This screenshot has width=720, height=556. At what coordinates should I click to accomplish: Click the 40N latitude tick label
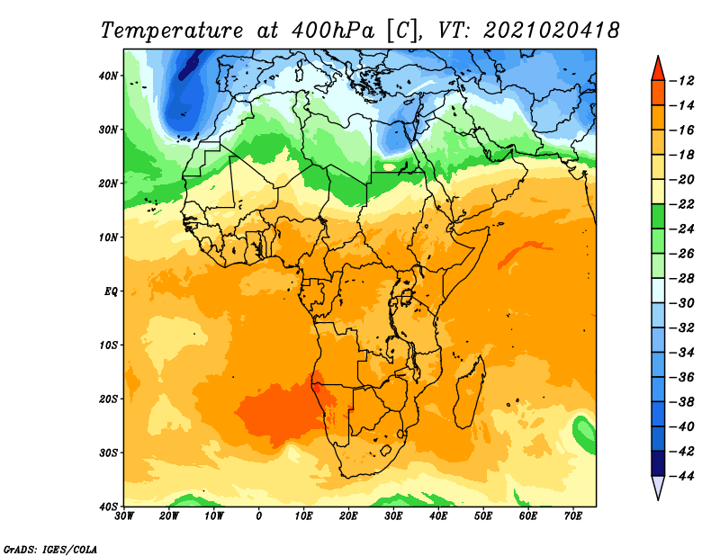coord(108,76)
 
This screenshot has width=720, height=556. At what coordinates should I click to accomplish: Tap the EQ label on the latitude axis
coord(112,291)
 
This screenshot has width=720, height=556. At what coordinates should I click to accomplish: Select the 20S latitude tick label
coord(108,399)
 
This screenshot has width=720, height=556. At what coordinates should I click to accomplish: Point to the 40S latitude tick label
coord(108,507)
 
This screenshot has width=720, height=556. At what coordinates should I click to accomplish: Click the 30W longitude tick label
coord(124,516)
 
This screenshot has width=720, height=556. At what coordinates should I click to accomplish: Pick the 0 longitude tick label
coord(259,516)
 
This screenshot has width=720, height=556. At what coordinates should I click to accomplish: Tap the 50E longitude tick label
coord(483,516)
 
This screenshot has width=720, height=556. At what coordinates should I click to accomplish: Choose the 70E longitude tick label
coord(573,516)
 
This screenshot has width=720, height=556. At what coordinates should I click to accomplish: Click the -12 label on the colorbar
coord(682,81)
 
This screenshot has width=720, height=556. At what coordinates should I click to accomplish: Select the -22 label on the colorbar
coord(682,204)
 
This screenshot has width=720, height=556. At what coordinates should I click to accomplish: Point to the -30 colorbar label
coord(682,303)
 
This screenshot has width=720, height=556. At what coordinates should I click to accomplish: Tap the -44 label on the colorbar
coord(682,476)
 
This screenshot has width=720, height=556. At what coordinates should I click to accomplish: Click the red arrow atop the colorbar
coord(658,70)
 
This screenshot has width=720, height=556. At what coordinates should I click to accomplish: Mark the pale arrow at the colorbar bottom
coord(658,486)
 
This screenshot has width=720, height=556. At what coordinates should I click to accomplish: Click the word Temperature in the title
coord(172,31)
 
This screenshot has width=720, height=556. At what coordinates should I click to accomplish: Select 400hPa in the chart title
coord(332,31)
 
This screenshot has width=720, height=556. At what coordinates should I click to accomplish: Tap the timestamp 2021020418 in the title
coord(551,31)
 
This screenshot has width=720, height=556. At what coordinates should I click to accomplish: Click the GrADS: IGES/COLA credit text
coord(50,550)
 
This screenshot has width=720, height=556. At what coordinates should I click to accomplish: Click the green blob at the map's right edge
coord(585,434)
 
